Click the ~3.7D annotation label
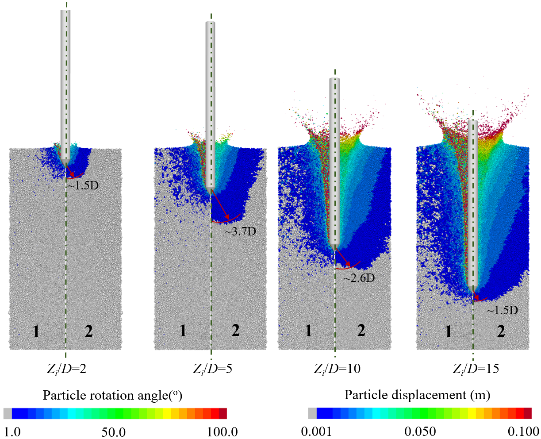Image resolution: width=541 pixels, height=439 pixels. pos(244,231)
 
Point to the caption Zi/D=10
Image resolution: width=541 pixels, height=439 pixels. pos(337,369)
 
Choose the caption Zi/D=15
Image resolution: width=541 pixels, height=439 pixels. pos(476,369)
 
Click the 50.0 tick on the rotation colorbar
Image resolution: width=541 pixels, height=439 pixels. pos(114,431)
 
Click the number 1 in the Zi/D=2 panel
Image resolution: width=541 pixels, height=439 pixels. pos(36,331)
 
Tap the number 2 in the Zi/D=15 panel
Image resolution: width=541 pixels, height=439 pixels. pos(501,331)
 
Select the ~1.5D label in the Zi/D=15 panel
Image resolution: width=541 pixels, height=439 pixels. pos(502,310)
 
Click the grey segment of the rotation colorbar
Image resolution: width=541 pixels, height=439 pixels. pos(8,413)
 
